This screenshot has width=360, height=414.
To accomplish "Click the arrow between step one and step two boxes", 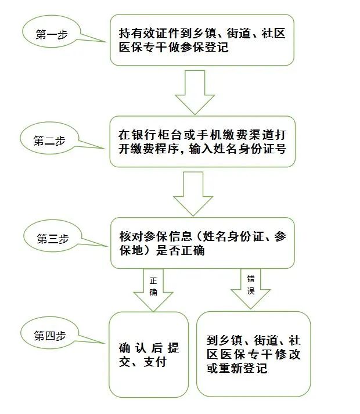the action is coord(195,92).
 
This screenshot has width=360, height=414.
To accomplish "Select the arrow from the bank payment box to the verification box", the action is coord(193,194).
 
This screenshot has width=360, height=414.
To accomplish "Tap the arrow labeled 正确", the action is coord(153,290).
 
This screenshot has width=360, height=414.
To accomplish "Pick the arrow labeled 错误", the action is coord(251,289).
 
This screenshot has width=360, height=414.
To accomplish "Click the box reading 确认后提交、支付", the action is coord(149,354).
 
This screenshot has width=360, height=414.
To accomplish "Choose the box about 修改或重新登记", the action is coord(254,354).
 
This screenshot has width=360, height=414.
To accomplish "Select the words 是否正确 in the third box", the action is coord(180,250).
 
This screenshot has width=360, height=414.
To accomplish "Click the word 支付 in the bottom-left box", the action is coord(155,362).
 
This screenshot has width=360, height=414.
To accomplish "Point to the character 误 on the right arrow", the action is coord(251,291).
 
